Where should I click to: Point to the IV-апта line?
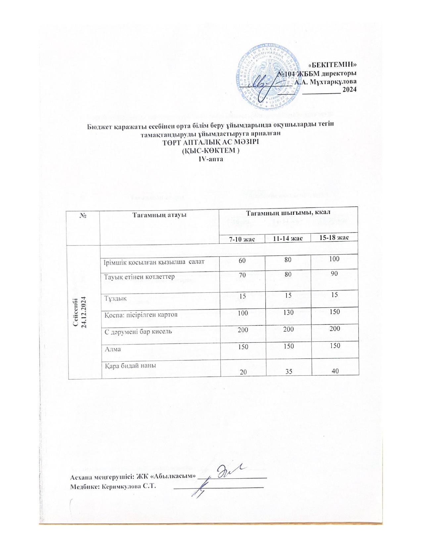coord(211,159)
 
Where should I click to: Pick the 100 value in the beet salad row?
coord(335,259)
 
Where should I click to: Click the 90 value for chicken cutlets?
coord(335,274)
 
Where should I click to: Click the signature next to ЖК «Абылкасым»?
coord(228,472)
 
